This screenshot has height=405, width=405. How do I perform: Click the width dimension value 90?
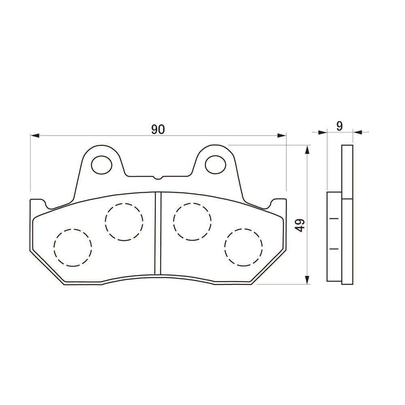coord(158,129)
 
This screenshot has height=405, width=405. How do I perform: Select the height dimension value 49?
coord(299,225)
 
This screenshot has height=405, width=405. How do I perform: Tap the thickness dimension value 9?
coord(339,126)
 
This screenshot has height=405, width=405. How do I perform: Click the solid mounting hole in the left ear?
coord(101,164)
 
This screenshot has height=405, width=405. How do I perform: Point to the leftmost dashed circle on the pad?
coord(72,247)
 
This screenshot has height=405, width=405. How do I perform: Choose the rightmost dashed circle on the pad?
coord(243,247)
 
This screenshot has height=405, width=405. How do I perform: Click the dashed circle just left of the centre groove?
coord(124,221)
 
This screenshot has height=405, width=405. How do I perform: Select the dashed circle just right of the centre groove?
coord(192,221)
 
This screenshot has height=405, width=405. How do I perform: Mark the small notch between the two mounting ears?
coord(158,177)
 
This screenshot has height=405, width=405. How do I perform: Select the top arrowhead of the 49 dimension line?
coord(307,150)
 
